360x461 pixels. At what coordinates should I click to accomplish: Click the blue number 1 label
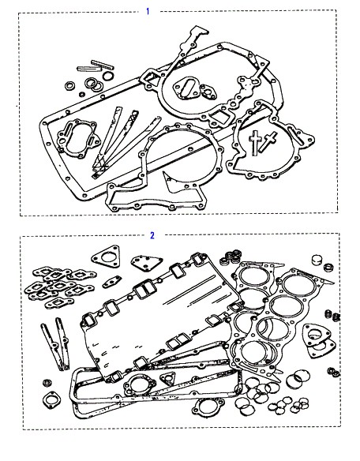pyautogui.click(x=148, y=12)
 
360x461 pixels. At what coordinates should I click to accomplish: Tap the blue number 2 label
pyautogui.click(x=152, y=235)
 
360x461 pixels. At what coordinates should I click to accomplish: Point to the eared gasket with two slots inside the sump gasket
pyautogui.click(x=77, y=138)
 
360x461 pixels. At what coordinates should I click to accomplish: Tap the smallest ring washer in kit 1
pyautogui.click(x=82, y=95)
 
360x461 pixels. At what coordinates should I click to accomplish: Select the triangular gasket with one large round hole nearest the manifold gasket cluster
pyautogui.click(x=106, y=257)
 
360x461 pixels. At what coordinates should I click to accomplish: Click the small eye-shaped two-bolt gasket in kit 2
pyautogui.click(x=112, y=282)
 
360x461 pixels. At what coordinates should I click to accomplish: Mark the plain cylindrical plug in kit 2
pyautogui.click(x=317, y=260)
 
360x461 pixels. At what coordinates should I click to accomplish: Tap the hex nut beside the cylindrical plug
pyautogui.click(x=328, y=268)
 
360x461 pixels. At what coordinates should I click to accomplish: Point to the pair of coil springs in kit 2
pyautogui.click(x=332, y=316)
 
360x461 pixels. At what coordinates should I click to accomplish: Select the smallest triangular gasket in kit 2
pyautogui.click(x=168, y=378)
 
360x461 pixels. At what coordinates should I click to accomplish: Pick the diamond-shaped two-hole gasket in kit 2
pyautogui.click(x=51, y=400)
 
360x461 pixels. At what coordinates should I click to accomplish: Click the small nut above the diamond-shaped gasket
pyautogui.click(x=47, y=383)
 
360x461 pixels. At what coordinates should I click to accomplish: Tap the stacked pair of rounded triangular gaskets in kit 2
pyautogui.click(x=319, y=340)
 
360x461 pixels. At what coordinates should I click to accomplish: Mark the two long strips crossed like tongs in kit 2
pyautogui.click(x=56, y=343)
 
